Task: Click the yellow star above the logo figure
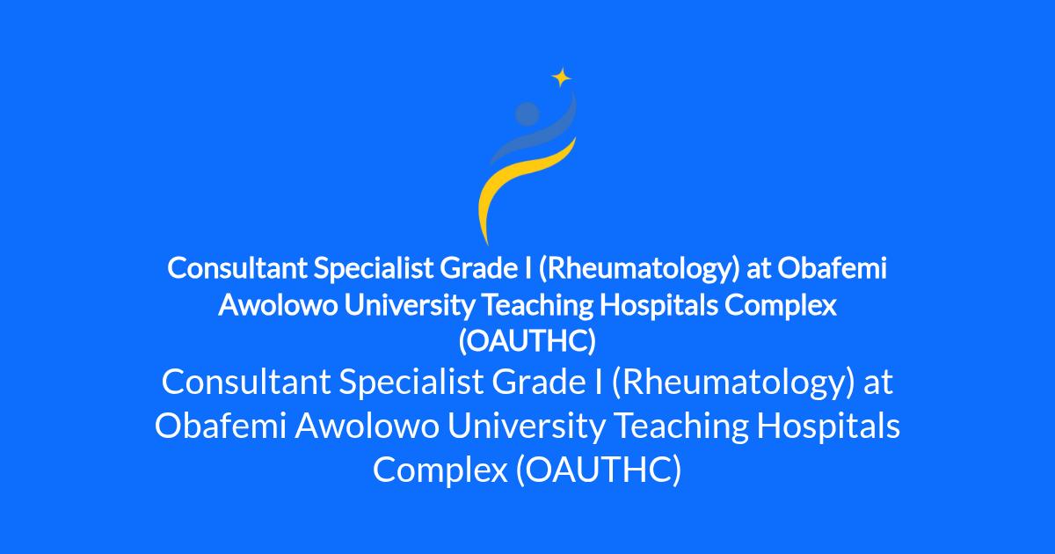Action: (562, 77)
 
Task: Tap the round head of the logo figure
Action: (527, 113)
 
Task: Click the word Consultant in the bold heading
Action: (237, 268)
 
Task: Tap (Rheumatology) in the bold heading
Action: (639, 269)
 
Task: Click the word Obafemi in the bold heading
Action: (832, 268)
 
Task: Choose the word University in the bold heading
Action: (410, 306)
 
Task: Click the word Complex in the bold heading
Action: (781, 306)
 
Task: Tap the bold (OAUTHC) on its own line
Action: (527, 341)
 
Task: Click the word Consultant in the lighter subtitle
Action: (246, 382)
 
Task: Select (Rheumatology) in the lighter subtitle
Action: (733, 383)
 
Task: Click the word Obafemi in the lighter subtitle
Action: (221, 426)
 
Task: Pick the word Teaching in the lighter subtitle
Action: (682, 426)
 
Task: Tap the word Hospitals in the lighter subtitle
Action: (828, 426)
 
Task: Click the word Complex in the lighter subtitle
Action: (440, 470)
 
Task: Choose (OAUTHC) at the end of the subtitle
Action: (599, 470)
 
